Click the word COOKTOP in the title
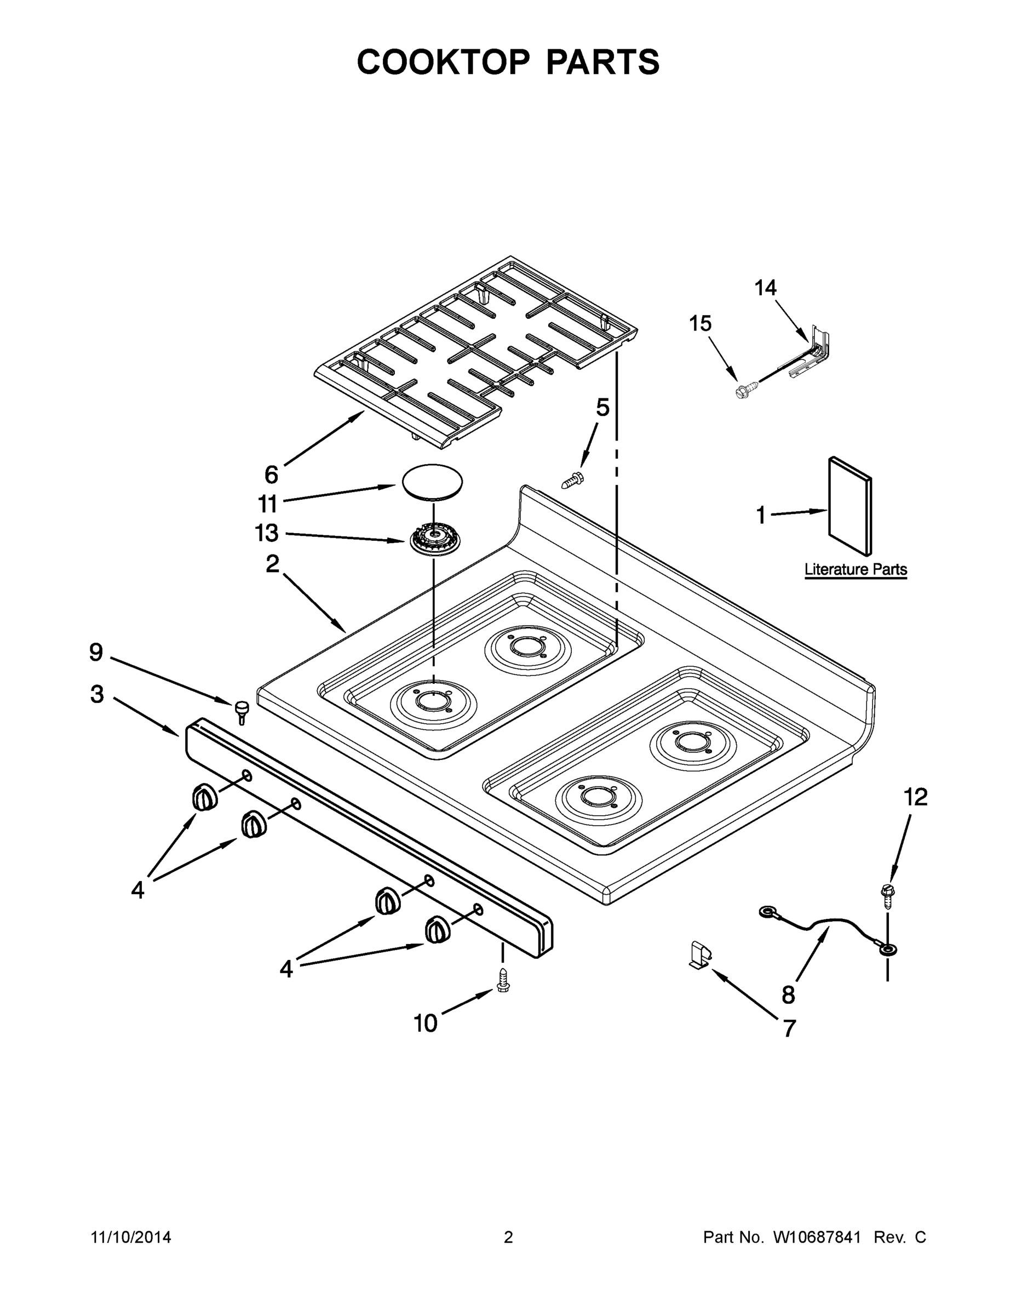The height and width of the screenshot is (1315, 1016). coord(444,62)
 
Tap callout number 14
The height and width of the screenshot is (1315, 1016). coord(765,288)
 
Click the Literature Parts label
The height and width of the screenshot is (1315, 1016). coord(856,569)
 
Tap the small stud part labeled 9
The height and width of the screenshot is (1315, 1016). coord(243,712)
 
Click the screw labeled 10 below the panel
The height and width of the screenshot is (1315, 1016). coord(503,981)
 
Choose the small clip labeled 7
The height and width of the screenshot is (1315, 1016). coord(701,956)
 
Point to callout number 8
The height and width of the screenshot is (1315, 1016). coord(789,994)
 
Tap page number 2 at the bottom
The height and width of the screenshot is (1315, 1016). coord(508,1237)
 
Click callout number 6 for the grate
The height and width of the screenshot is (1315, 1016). coord(272,475)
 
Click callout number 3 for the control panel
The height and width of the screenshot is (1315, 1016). coord(97,694)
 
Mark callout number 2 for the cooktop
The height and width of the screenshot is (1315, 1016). coord(273,564)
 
